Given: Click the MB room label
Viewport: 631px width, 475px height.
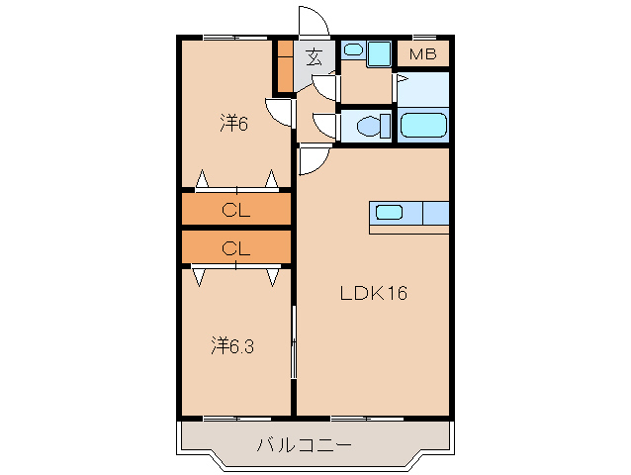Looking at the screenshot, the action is [423, 54].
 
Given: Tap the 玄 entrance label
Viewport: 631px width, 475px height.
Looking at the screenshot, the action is [314, 56].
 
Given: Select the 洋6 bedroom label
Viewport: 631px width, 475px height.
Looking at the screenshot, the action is [234, 123].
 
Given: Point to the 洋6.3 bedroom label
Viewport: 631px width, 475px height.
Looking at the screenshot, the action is [232, 345].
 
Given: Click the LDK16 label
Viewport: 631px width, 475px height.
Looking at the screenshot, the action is [374, 293].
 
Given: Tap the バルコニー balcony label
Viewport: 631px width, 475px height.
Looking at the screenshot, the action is [305, 445].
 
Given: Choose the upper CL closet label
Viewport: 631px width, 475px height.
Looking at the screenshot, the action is [235, 210].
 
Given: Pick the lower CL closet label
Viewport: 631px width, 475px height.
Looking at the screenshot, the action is [235, 248].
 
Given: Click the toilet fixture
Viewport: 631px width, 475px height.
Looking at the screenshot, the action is [374, 126].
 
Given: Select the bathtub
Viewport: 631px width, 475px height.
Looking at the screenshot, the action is [423, 126].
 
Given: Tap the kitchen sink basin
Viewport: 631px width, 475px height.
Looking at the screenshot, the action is [389, 212].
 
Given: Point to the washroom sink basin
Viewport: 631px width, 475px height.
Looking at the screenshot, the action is [354, 49].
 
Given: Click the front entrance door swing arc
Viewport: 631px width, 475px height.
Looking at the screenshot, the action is [315, 21].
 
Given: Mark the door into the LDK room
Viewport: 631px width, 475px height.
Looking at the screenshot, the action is [315, 160].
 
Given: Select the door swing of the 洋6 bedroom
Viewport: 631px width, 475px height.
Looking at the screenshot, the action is [279, 113].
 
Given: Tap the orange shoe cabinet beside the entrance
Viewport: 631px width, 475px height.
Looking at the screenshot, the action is [285, 66].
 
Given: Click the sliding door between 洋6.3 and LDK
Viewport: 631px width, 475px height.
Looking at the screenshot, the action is [294, 342].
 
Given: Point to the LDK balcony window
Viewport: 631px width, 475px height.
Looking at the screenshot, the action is [367, 419].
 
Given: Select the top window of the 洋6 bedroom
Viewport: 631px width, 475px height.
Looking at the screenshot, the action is [235, 38].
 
